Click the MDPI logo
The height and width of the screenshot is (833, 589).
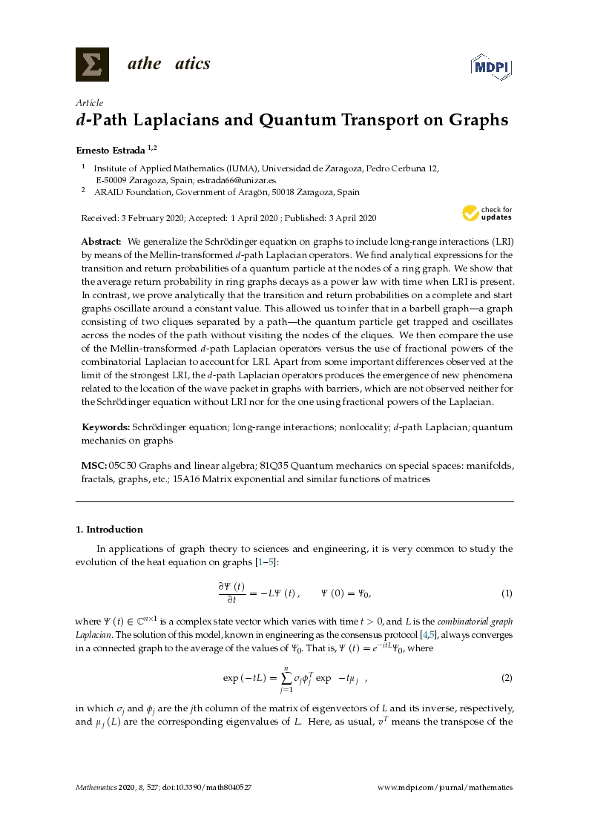(492, 66)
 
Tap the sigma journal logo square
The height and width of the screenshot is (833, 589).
(92, 64)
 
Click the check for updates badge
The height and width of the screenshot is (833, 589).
(487, 214)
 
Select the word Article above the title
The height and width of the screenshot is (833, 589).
(90, 103)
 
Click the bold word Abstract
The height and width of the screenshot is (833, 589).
(101, 242)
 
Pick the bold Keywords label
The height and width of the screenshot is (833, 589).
(105, 427)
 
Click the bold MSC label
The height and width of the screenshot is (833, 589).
(93, 465)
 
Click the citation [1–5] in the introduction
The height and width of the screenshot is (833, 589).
(265, 562)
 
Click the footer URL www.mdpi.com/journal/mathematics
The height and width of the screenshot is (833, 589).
(445, 788)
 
